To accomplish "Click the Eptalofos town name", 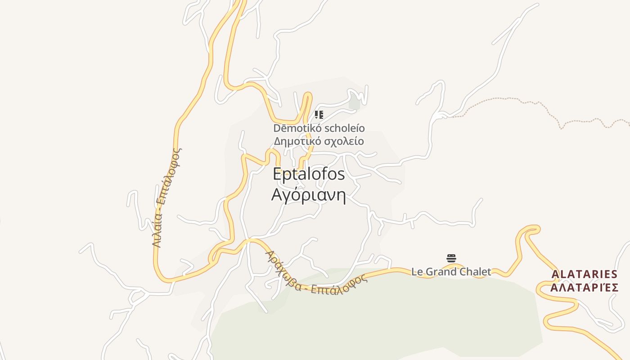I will pyautogui.click(x=309, y=174).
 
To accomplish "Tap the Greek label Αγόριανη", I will pyautogui.click(x=309, y=195).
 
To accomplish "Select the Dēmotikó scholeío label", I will pyautogui.click(x=319, y=128).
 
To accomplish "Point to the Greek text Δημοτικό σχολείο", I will pyautogui.click(x=319, y=141).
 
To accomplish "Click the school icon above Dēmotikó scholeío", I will pyautogui.click(x=319, y=115).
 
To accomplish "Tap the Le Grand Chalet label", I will pyautogui.click(x=451, y=272).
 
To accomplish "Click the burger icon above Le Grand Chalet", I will pyautogui.click(x=451, y=258).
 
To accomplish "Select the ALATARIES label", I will pyautogui.click(x=585, y=274).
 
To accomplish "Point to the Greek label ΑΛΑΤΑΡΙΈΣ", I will pyautogui.click(x=585, y=288).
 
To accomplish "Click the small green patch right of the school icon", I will pyautogui.click(x=355, y=103).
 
